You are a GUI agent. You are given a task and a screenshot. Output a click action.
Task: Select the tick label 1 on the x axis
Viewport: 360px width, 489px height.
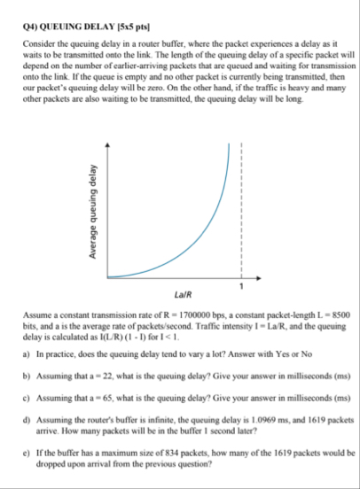(x=240, y=285)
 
